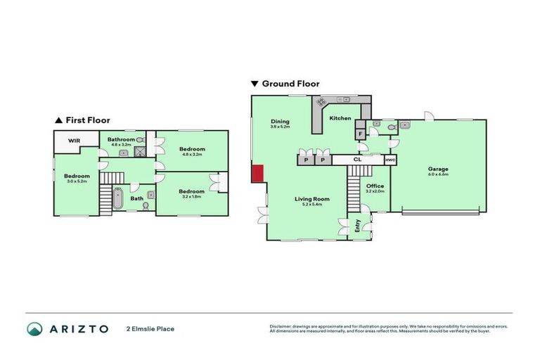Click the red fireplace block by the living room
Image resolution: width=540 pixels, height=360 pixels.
(x=257, y=173)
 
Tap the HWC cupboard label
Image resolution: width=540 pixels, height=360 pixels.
(x=390, y=160)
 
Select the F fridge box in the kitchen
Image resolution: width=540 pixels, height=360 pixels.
(x=360, y=133)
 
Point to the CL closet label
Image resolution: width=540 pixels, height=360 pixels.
(x=357, y=160)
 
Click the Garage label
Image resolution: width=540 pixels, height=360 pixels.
(x=438, y=169)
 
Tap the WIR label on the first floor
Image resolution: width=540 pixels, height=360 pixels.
(x=75, y=141)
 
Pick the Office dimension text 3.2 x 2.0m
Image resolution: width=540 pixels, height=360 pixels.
(x=375, y=191)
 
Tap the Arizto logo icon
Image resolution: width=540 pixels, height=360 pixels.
(x=34, y=328)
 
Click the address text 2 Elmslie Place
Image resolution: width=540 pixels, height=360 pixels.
(x=150, y=328)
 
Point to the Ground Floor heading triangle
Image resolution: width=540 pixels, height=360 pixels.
(x=255, y=84)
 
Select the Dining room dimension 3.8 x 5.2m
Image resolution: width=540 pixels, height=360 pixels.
(x=280, y=127)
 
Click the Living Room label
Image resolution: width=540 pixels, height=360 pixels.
(x=311, y=199)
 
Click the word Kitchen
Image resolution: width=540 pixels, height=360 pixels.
(x=340, y=118)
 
